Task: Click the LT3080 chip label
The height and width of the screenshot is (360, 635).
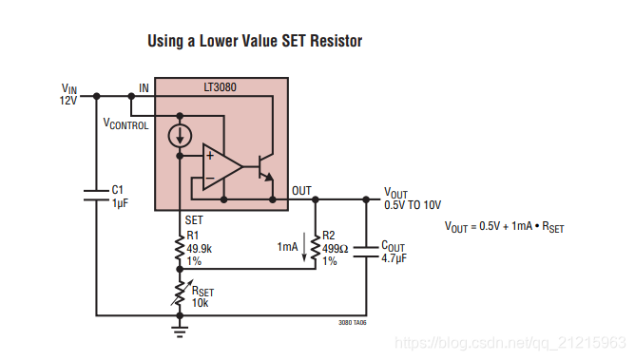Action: click(x=220, y=87)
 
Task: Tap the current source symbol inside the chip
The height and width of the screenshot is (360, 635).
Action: click(x=180, y=136)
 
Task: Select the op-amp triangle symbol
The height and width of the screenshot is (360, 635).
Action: click(x=222, y=166)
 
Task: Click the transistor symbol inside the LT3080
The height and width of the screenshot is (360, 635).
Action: click(x=265, y=166)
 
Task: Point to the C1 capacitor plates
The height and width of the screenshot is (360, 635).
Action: click(x=96, y=195)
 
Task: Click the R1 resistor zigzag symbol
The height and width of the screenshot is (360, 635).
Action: click(x=180, y=248)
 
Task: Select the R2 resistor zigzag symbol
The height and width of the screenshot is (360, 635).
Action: click(x=316, y=248)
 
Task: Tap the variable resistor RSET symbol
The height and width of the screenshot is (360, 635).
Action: click(x=181, y=293)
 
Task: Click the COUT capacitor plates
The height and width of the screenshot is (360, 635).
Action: click(x=366, y=251)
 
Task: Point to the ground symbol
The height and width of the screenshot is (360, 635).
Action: click(x=180, y=332)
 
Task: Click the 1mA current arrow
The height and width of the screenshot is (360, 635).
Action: click(x=304, y=247)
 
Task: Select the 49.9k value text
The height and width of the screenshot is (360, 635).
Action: click(x=200, y=248)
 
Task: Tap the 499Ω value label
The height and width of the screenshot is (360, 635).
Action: click(x=336, y=248)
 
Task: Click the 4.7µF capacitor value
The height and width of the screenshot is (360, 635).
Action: click(x=394, y=258)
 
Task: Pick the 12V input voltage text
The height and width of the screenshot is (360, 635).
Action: click(x=68, y=101)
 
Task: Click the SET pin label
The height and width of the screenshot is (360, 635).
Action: click(x=194, y=220)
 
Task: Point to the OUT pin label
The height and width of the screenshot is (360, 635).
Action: click(x=301, y=191)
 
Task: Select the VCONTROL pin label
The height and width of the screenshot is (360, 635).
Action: click(x=125, y=123)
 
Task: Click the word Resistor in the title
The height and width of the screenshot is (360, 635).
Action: click(x=337, y=41)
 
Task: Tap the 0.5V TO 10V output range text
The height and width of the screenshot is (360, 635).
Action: click(x=413, y=205)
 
